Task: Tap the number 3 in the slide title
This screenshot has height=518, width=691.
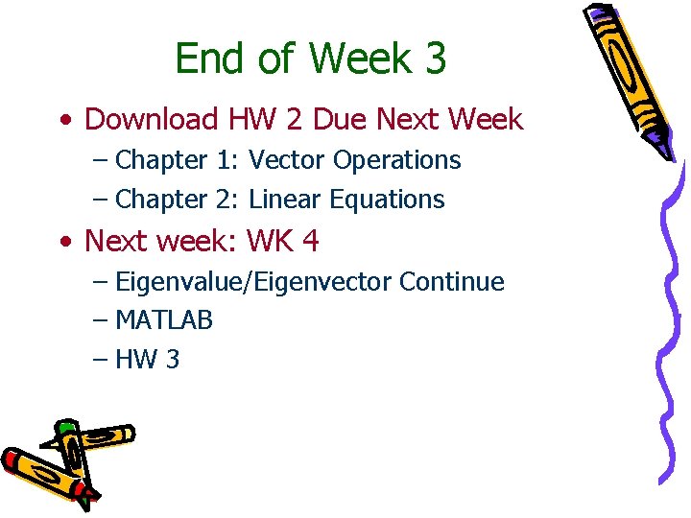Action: [434, 59]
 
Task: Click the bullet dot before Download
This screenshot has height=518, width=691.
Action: [63, 121]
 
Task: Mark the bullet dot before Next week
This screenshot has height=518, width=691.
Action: [63, 242]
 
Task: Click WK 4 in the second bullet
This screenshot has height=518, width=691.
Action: [283, 241]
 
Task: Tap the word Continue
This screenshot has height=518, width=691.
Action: [451, 282]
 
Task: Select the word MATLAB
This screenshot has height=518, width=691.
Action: [164, 320]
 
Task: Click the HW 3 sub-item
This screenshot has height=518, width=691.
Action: [147, 360]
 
